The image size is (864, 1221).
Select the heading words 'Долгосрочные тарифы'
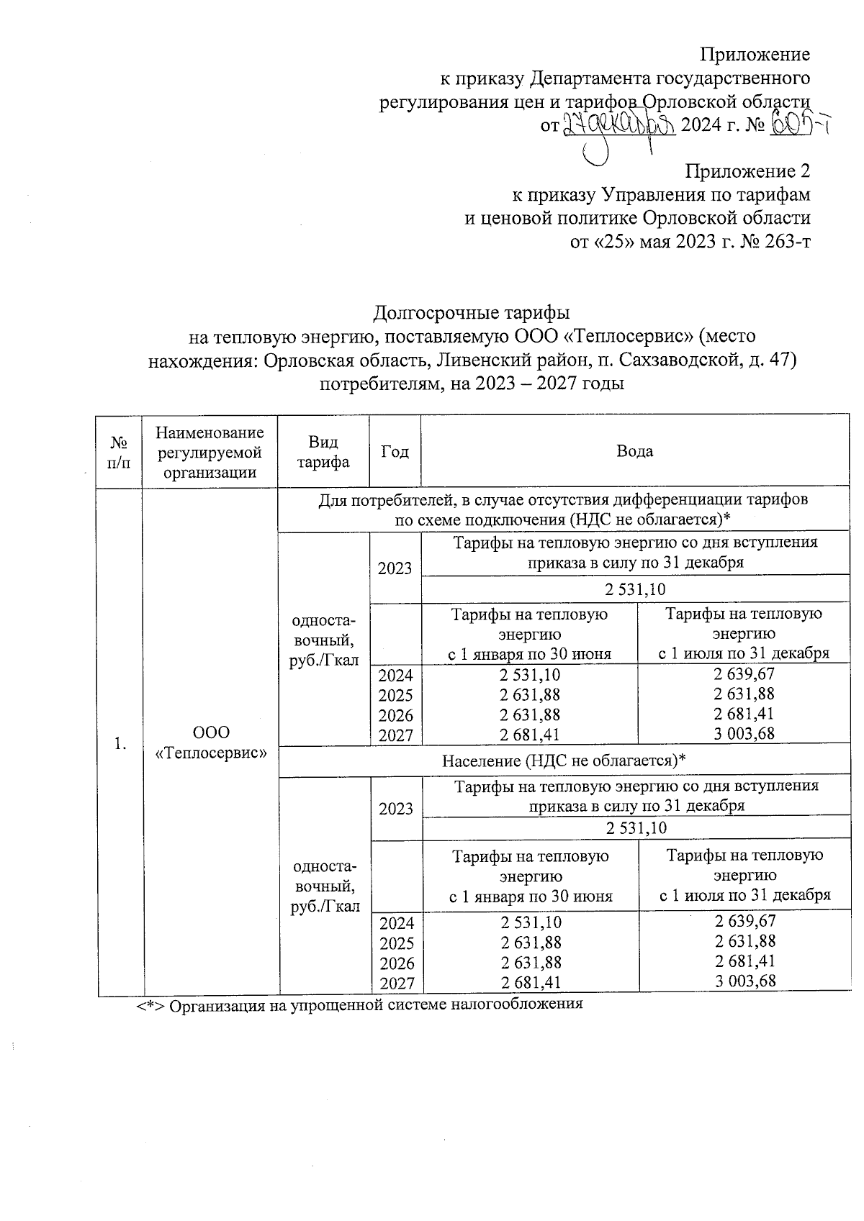[472, 313]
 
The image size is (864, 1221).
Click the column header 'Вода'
[634, 451]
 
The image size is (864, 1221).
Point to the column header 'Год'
[395, 451]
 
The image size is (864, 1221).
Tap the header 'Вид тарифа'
[323, 451]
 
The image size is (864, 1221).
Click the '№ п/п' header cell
[120, 451]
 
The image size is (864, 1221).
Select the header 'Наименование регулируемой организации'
[210, 452]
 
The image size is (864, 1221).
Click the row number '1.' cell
[120, 744]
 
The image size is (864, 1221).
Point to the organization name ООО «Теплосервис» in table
[211, 743]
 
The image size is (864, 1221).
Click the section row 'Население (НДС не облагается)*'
[563, 761]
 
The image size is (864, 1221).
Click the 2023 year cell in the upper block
[395, 568]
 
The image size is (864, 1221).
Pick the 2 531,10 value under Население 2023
[636, 828]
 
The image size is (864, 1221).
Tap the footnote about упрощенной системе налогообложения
[360, 1004]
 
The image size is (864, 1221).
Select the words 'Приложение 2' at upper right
[747, 171]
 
